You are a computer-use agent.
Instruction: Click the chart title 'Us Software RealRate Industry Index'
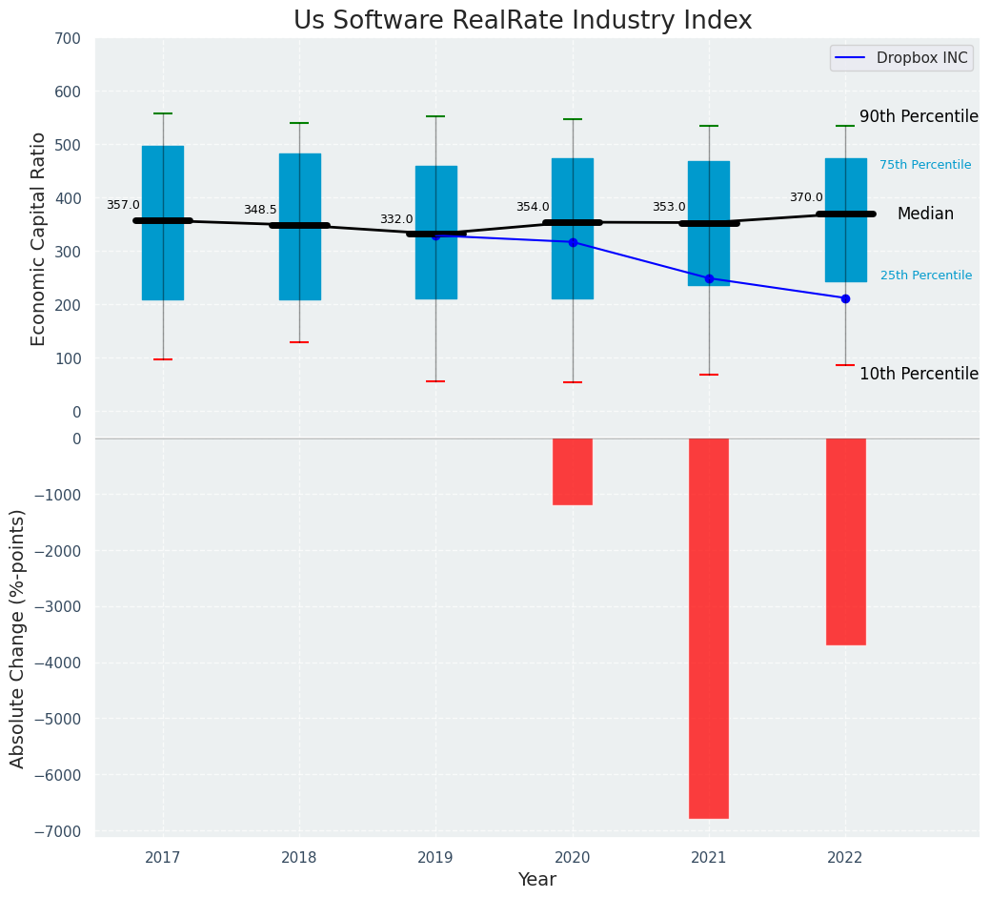(x=522, y=21)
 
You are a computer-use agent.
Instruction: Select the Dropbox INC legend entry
(x=901, y=58)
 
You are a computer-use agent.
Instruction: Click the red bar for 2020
(x=573, y=471)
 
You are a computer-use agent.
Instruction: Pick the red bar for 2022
(x=845, y=541)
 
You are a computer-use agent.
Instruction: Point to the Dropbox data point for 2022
(x=845, y=298)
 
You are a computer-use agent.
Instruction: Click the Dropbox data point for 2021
(x=709, y=278)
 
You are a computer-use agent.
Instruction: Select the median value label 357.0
(x=123, y=205)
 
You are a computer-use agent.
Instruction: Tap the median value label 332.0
(x=396, y=219)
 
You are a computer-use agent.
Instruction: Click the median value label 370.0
(x=806, y=197)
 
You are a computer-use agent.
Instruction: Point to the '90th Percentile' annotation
(x=919, y=116)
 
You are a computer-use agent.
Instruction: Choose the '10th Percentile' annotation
(x=919, y=374)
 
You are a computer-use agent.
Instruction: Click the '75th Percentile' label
(x=925, y=165)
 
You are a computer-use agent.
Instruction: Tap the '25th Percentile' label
(x=926, y=276)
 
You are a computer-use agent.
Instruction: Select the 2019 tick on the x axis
(x=435, y=858)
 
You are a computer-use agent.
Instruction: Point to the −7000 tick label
(x=60, y=831)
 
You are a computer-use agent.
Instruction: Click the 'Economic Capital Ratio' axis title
(x=39, y=238)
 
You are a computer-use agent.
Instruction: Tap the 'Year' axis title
(x=537, y=880)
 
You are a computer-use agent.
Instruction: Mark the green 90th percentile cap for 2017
(x=163, y=113)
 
